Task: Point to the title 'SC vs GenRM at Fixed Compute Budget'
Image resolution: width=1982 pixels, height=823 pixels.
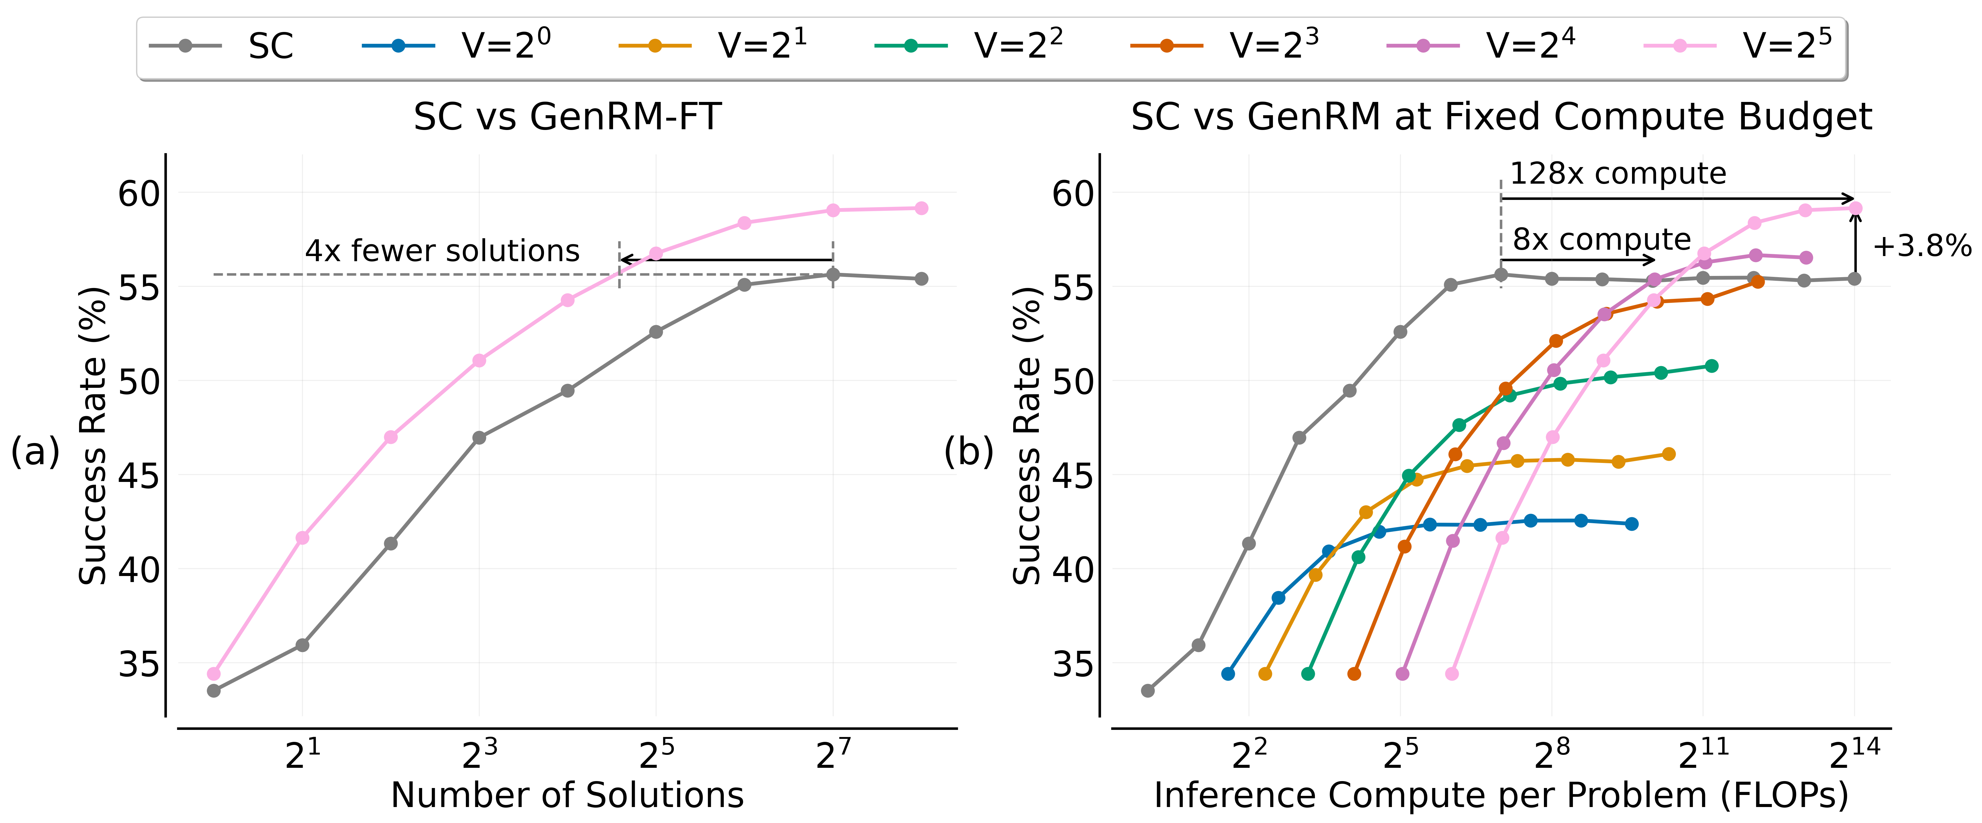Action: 1501,118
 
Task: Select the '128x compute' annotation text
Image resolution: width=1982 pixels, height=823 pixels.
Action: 1618,174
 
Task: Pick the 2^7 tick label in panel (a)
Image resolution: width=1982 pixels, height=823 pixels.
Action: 833,755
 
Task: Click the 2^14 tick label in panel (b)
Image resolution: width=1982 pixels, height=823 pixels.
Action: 1854,755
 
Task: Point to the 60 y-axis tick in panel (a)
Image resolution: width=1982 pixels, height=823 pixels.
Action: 138,194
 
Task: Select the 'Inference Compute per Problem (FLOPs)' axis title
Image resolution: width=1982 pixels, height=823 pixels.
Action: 1501,795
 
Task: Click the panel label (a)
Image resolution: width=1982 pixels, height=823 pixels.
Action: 35,451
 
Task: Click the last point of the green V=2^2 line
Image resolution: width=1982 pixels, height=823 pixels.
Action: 1711,366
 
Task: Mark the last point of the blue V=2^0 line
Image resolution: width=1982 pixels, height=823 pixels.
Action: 1631,524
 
